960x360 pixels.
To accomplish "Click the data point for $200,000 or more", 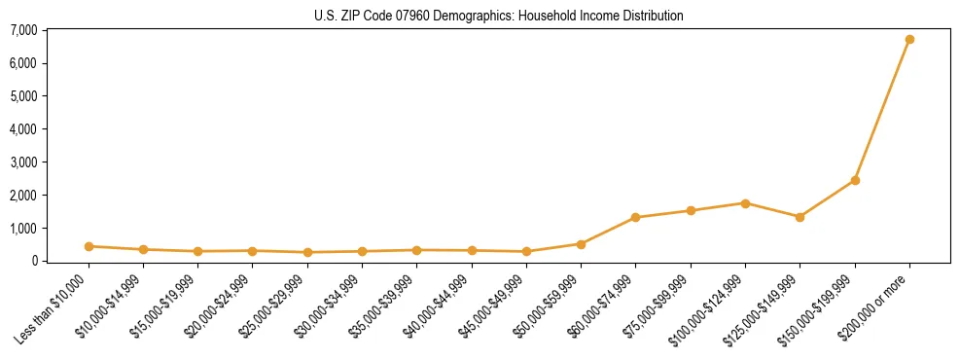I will (x=909, y=40).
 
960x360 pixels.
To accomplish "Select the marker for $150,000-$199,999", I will (x=855, y=180).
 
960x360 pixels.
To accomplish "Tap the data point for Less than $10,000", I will (x=89, y=246).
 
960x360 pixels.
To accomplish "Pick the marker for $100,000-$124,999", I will (x=745, y=203).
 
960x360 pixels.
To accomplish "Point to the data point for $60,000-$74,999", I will (x=635, y=217).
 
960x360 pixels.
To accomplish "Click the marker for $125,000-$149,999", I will (x=800, y=217).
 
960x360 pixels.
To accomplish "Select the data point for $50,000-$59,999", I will (x=581, y=244).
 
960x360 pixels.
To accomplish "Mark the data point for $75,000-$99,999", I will (x=691, y=210).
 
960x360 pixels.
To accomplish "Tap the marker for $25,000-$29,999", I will (x=253, y=252).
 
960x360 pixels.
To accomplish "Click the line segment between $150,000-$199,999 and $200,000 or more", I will (x=882, y=110).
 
